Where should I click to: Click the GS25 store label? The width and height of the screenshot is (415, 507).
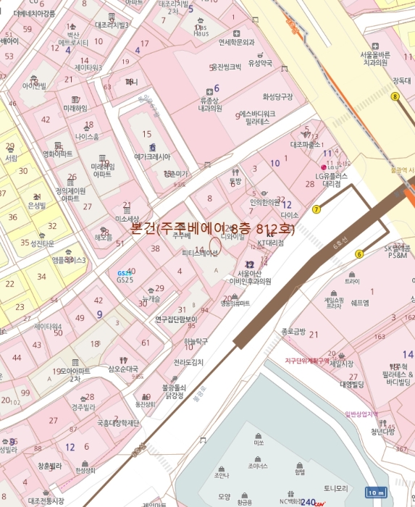point(125,279)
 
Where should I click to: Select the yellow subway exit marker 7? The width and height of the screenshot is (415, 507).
point(317,210)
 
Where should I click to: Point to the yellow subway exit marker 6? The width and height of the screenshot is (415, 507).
point(359,253)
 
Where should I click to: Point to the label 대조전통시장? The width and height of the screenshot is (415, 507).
point(46,500)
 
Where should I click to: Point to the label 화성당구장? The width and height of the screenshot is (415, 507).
point(277,96)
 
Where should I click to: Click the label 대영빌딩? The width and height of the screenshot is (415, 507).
point(351,385)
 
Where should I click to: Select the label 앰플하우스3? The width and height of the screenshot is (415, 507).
point(69,260)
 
